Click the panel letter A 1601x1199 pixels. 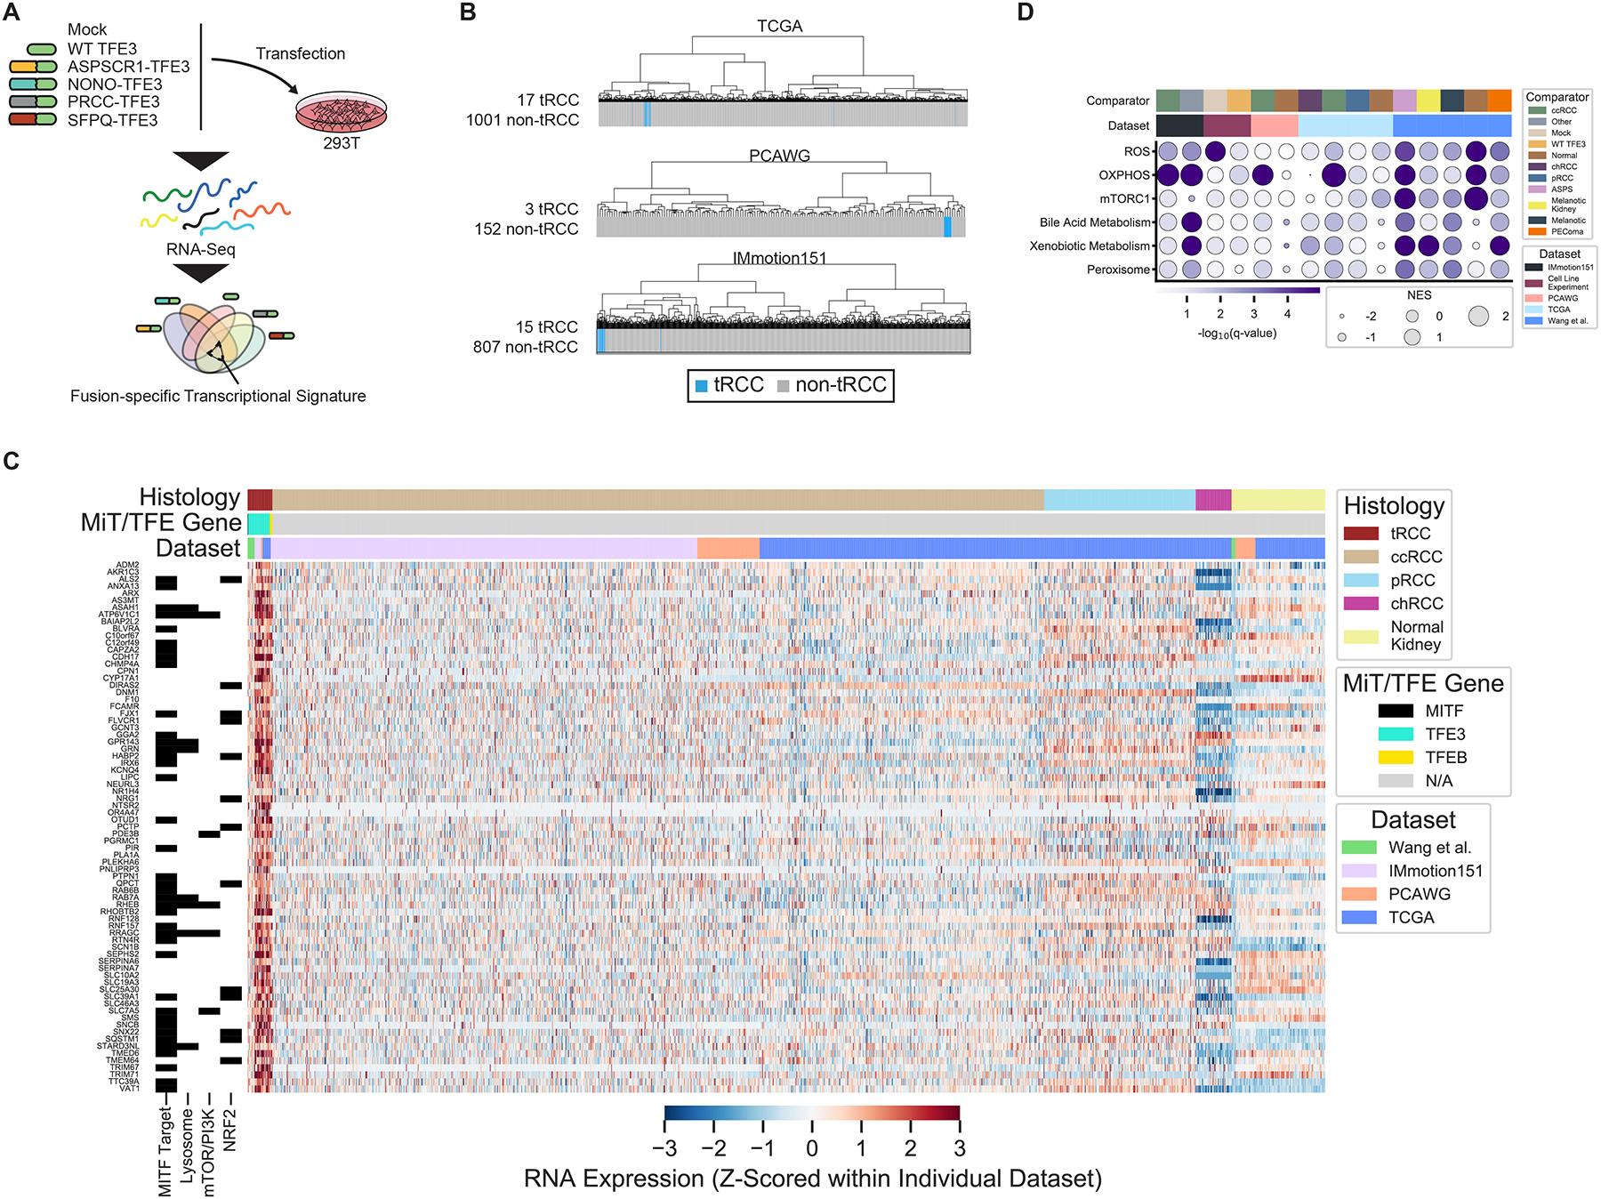pyautogui.click(x=11, y=12)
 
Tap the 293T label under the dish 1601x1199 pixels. pyautogui.click(x=342, y=143)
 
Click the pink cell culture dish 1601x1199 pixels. pyautogui.click(x=342, y=113)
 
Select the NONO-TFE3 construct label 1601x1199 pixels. pyautogui.click(x=115, y=84)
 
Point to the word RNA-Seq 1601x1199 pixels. pyautogui.click(x=201, y=249)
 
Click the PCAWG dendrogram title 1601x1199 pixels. pyautogui.click(x=779, y=156)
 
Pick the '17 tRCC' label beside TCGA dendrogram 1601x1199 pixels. pyautogui.click(x=548, y=101)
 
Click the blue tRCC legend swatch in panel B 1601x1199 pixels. pyautogui.click(x=701, y=386)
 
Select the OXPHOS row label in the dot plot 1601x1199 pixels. pyautogui.click(x=1124, y=175)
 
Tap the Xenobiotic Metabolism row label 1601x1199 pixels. pyautogui.click(x=1090, y=246)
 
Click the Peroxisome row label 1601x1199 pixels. pyautogui.click(x=1118, y=270)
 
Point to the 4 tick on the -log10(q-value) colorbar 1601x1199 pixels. pyautogui.click(x=1287, y=314)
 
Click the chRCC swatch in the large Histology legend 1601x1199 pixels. pyautogui.click(x=1360, y=604)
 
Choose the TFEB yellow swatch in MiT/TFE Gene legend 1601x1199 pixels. pyautogui.click(x=1395, y=758)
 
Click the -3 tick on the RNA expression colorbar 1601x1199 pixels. pyautogui.click(x=664, y=1148)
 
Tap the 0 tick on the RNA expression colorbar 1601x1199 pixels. pyautogui.click(x=811, y=1148)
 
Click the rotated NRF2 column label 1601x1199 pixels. pyautogui.click(x=229, y=1130)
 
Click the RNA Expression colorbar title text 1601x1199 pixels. pyautogui.click(x=812, y=1179)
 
